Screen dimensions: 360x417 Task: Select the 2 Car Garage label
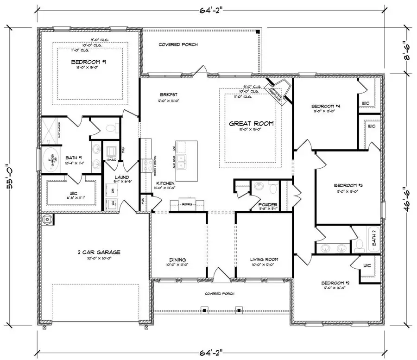(99, 252)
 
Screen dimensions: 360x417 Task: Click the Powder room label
(268, 205)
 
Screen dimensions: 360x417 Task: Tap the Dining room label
(177, 259)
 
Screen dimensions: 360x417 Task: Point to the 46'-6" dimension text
(408, 193)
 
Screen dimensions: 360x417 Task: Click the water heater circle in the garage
(47, 219)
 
